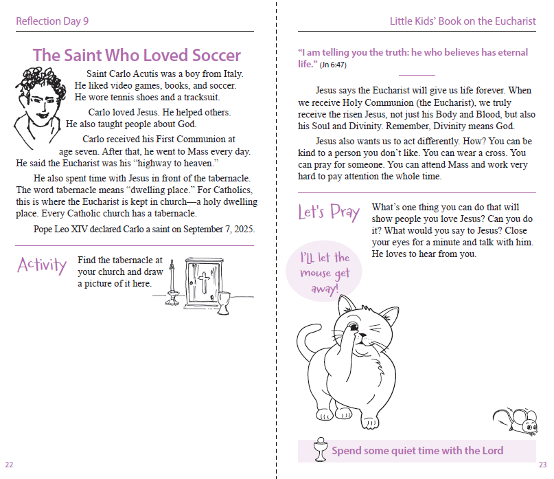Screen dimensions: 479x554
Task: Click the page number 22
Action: (8, 464)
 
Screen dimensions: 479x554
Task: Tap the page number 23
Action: (542, 464)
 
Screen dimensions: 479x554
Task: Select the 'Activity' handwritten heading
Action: (43, 265)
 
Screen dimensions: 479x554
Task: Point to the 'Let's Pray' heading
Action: (328, 212)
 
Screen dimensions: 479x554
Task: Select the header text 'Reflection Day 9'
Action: (52, 21)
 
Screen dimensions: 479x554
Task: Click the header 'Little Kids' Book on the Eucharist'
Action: (463, 21)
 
